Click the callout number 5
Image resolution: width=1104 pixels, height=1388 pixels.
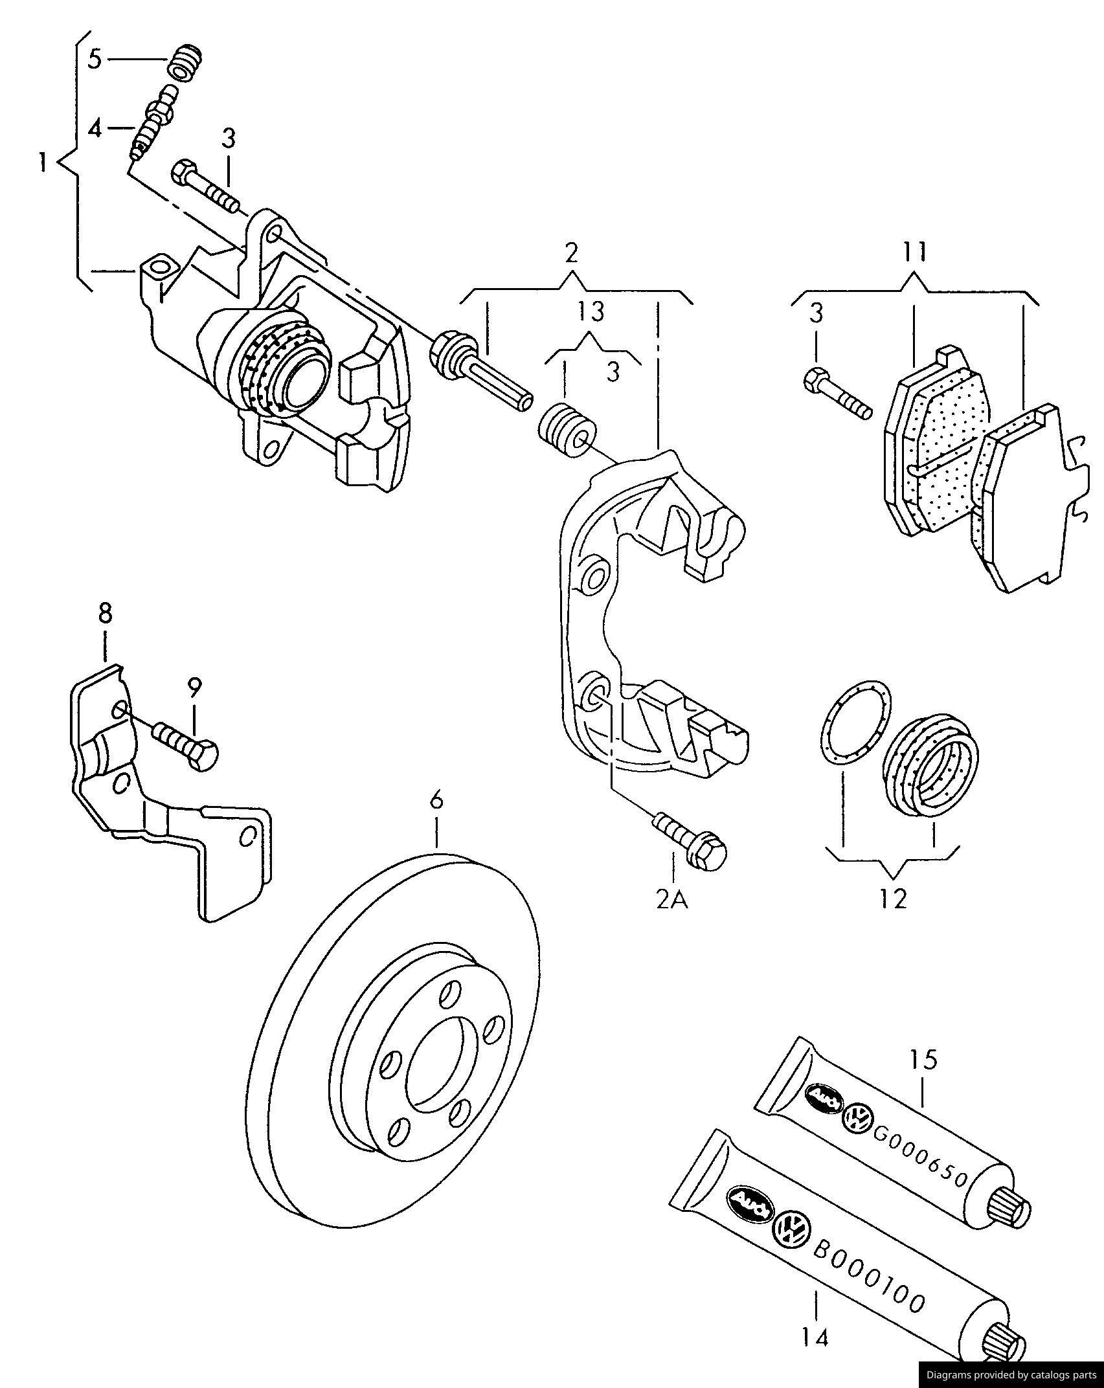(95, 60)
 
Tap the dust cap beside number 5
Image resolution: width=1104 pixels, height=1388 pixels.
(185, 63)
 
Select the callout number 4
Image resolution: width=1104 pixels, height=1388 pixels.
(95, 129)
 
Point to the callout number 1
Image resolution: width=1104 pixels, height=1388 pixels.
(43, 162)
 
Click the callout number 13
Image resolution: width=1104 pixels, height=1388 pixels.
(591, 311)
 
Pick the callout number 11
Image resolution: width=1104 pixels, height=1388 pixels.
(915, 251)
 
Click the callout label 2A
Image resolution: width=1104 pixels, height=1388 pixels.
(672, 900)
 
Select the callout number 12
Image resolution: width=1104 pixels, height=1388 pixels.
(894, 899)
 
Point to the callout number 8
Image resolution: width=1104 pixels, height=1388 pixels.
(105, 612)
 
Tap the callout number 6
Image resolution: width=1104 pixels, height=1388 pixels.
(437, 801)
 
